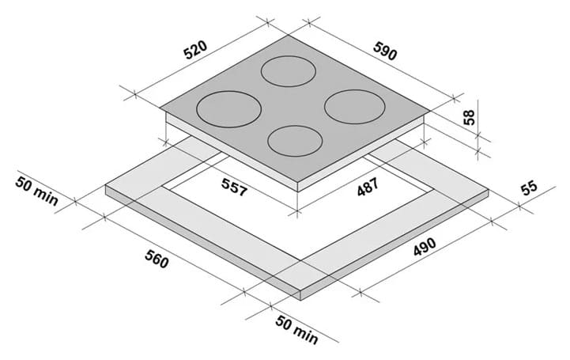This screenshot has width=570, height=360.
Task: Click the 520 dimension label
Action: (x=195, y=50)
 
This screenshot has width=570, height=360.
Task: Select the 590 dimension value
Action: (x=384, y=51)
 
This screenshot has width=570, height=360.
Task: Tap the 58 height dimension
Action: (x=469, y=117)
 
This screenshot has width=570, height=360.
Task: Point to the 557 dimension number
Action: (x=235, y=188)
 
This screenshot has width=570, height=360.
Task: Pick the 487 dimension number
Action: (x=368, y=187)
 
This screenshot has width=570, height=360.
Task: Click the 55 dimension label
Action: (x=529, y=188)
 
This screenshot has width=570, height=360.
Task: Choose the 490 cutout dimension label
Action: (x=425, y=247)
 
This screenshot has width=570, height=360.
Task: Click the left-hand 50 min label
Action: (x=36, y=191)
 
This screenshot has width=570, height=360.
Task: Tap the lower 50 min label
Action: (x=297, y=330)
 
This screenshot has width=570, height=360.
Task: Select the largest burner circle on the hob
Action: (x=228, y=109)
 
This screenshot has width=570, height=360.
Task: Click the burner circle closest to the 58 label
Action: (x=355, y=107)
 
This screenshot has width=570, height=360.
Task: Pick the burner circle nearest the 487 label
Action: (x=295, y=141)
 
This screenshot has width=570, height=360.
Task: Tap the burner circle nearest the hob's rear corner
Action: (x=289, y=71)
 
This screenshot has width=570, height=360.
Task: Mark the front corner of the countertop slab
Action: (x=301, y=291)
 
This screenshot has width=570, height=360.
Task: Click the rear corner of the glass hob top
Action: (x=289, y=35)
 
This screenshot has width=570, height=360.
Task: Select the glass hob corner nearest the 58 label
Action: (x=431, y=111)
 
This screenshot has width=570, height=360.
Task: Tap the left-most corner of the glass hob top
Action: (x=160, y=108)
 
